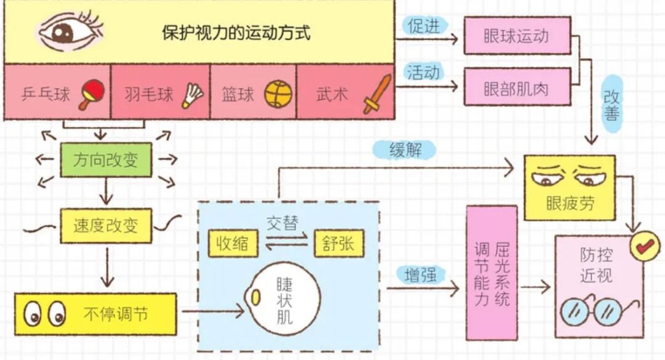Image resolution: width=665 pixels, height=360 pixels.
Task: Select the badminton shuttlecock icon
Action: (x=192, y=95)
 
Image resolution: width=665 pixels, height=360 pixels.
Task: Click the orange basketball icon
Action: (x=278, y=94)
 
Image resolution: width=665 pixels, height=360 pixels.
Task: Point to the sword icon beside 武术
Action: (x=377, y=94)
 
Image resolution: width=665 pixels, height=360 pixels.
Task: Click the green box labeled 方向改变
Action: (x=106, y=161)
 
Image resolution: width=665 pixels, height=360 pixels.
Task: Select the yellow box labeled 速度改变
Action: (x=106, y=226)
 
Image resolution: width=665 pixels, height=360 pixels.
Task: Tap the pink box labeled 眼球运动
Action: (x=516, y=35)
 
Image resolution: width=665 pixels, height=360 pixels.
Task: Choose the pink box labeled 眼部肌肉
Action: (x=516, y=89)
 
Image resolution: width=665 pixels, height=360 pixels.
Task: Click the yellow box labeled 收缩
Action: (x=233, y=244)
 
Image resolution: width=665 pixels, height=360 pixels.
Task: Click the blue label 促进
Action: (x=423, y=26)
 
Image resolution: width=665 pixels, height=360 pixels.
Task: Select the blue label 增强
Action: (x=421, y=275)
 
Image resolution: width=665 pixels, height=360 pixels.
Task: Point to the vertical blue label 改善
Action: (x=611, y=106)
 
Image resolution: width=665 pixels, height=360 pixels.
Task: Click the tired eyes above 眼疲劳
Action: (x=569, y=176)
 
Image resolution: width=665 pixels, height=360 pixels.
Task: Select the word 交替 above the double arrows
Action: (x=283, y=223)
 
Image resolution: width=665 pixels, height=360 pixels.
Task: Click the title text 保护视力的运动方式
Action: (x=236, y=32)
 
